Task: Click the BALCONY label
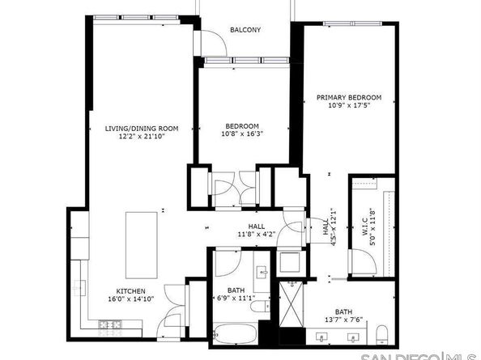click(245, 30)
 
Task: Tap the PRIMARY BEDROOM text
click(348, 97)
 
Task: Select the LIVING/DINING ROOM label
click(142, 128)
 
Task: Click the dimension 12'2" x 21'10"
click(142, 138)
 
